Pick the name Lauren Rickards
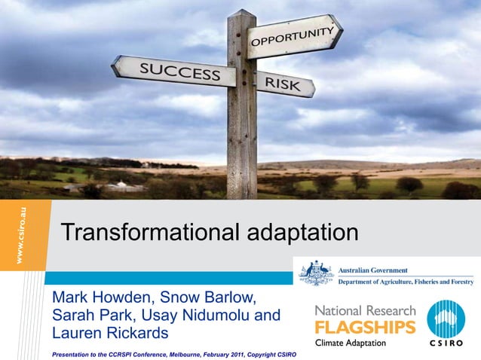pyautogui.click(x=110, y=333)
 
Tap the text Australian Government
pyautogui.click(x=374, y=270)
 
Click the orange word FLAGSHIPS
pyautogui.click(x=365, y=327)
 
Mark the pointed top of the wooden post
pyautogui.click(x=242, y=11)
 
